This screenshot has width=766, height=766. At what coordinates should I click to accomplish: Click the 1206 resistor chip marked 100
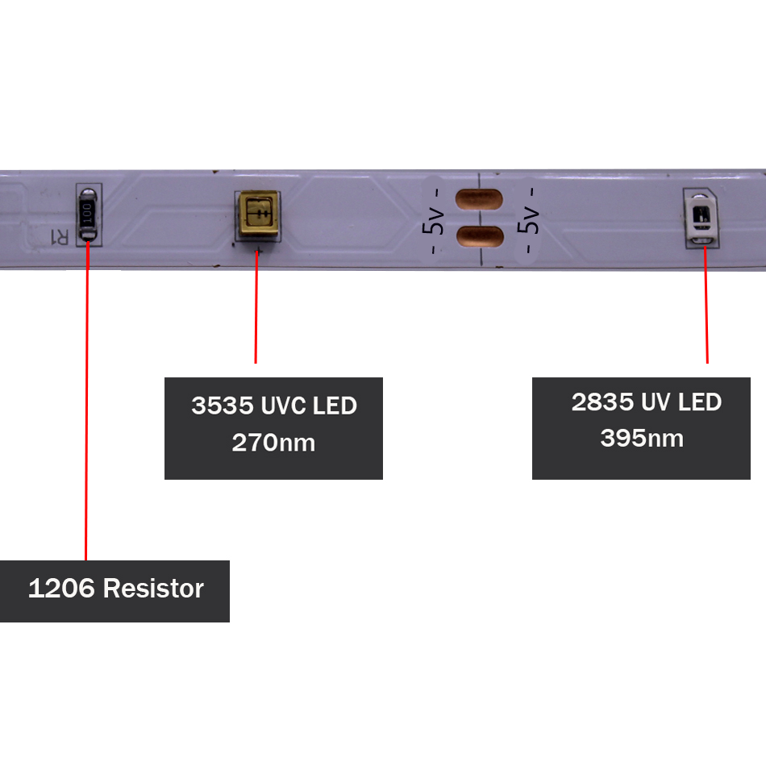click(88, 214)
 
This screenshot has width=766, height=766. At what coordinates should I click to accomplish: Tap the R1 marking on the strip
click(60, 237)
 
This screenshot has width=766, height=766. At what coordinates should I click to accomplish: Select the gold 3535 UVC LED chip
click(258, 214)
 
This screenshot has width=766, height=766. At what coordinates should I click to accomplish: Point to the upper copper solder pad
click(479, 199)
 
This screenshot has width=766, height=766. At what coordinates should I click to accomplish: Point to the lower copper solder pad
click(480, 236)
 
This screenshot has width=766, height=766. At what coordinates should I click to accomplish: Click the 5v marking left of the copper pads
click(433, 220)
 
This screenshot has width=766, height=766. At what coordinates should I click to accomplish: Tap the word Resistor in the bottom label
click(153, 588)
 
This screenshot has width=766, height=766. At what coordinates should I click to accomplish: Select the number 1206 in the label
click(61, 588)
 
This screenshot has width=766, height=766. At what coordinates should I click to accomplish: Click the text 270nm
click(273, 443)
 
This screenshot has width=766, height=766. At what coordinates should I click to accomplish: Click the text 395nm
click(642, 438)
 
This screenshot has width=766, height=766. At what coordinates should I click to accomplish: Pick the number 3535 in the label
click(223, 406)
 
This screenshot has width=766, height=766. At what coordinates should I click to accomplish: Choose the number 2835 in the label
click(602, 402)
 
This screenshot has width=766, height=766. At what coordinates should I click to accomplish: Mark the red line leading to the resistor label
click(87, 401)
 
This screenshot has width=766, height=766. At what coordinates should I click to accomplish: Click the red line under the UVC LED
click(256, 306)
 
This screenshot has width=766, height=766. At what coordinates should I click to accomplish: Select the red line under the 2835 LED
click(706, 305)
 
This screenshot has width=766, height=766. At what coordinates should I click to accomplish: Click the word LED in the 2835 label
click(700, 402)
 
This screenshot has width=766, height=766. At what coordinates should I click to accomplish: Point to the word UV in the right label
click(656, 402)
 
